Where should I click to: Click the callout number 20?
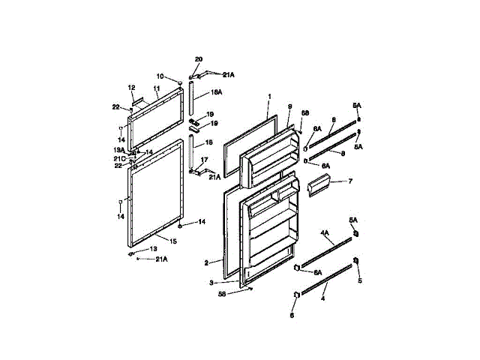(x=199, y=58)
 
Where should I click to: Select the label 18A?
(x=216, y=91)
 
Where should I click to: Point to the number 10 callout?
(x=160, y=76)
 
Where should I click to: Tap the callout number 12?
(x=130, y=87)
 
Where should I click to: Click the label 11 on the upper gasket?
(x=157, y=88)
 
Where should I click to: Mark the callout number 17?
(x=205, y=160)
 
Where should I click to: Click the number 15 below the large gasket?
(x=172, y=241)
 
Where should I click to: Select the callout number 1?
(x=269, y=96)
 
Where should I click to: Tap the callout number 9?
(x=289, y=106)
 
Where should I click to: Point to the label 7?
(x=349, y=181)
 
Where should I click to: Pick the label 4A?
(x=325, y=233)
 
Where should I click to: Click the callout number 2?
(x=205, y=262)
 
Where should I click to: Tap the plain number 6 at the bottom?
(x=292, y=315)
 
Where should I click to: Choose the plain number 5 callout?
(x=359, y=281)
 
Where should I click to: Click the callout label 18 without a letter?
(x=209, y=142)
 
